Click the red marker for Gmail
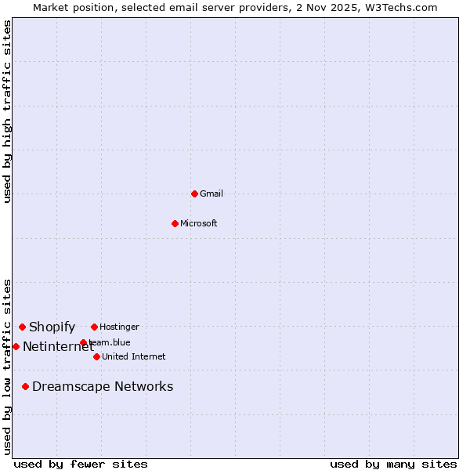point(194,193)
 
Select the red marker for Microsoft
point(175,223)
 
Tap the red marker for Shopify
point(22,327)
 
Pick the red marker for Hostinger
point(94,327)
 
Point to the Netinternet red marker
point(16,346)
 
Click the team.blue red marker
point(83,342)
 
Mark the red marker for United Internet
point(96,356)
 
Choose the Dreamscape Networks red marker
point(25,386)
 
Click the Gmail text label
point(211,193)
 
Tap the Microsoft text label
point(199,223)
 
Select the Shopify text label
point(52,327)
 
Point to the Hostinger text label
point(119,327)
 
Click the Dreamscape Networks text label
point(103,386)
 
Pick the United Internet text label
point(134,356)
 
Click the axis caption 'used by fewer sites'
point(81,464)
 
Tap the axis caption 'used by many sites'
point(393,464)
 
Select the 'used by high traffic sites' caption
point(7,111)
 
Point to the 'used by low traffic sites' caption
point(7,367)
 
